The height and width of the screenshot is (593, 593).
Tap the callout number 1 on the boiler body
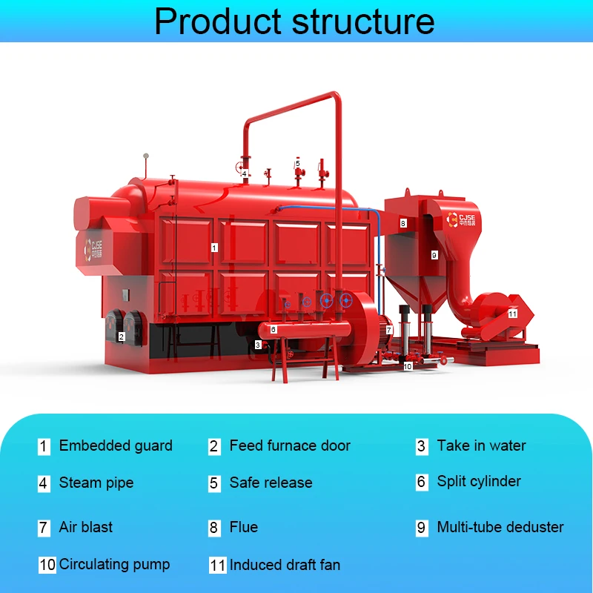click(214, 248)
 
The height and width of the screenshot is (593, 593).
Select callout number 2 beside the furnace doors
click(121, 337)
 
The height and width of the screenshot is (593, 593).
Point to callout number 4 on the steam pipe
click(244, 174)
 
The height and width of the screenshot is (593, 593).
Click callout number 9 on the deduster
click(434, 254)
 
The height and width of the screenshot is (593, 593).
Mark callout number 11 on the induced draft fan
click(512, 314)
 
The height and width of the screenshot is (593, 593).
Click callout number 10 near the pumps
click(407, 366)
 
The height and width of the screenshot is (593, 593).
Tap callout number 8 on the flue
click(403, 222)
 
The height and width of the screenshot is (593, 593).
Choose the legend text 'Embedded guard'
click(116, 445)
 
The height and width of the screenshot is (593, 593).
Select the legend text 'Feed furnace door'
click(290, 445)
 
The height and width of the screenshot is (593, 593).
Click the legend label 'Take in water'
click(481, 445)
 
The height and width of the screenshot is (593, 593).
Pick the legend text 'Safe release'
click(271, 483)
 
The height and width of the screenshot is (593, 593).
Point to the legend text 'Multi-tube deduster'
click(500, 527)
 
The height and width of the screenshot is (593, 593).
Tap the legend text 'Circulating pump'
click(115, 564)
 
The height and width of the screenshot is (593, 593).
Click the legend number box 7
click(44, 528)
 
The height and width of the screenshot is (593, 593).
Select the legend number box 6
click(422, 483)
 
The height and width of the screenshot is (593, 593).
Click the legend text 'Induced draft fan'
click(285, 565)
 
